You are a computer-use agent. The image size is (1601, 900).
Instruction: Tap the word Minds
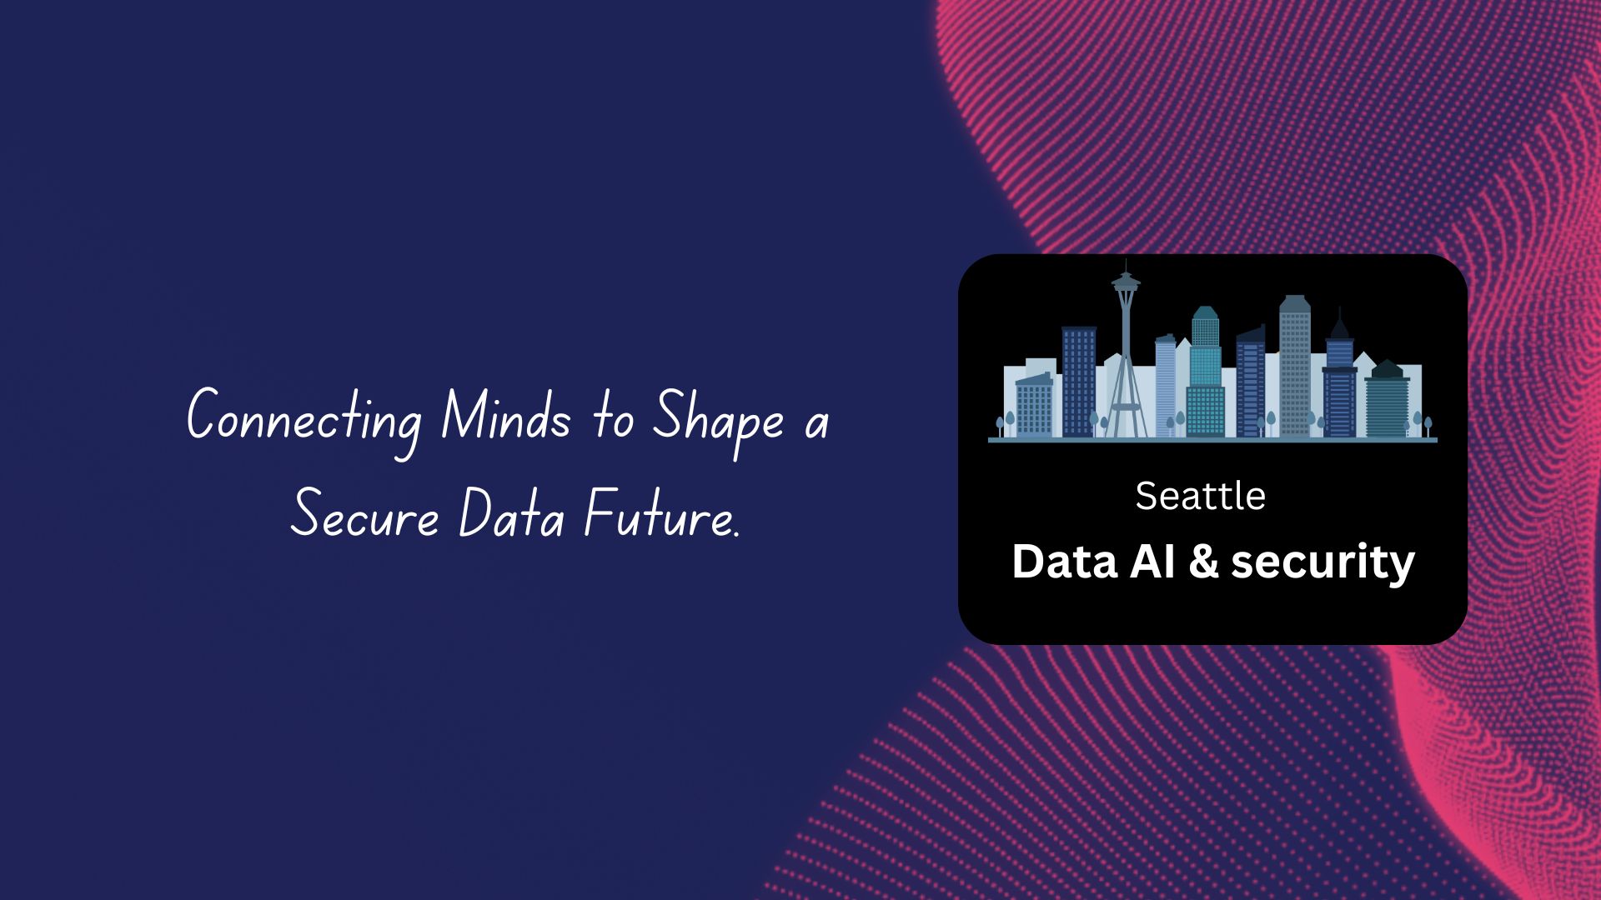pos(505,416)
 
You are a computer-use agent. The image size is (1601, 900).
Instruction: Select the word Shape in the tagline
pos(718,417)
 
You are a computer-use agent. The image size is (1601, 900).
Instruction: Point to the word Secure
pos(364,514)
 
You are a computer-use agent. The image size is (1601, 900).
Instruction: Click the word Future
pos(658,514)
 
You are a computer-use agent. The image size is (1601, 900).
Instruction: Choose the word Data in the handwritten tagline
pos(511,514)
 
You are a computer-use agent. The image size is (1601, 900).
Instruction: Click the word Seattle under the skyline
pos(1200,497)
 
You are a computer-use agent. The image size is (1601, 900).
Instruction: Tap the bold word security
pos(1322,562)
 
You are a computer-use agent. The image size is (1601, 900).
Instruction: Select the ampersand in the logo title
pos(1203,562)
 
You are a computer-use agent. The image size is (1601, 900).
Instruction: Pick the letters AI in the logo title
pos(1152,562)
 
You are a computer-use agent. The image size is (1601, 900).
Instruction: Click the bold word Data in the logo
pos(1064,562)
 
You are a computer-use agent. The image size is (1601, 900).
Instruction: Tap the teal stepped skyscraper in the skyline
pos(1205,375)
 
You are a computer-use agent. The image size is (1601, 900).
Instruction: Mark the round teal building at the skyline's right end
pos(1387,400)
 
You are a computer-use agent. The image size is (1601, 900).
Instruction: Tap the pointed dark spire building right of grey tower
pos(1339,375)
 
